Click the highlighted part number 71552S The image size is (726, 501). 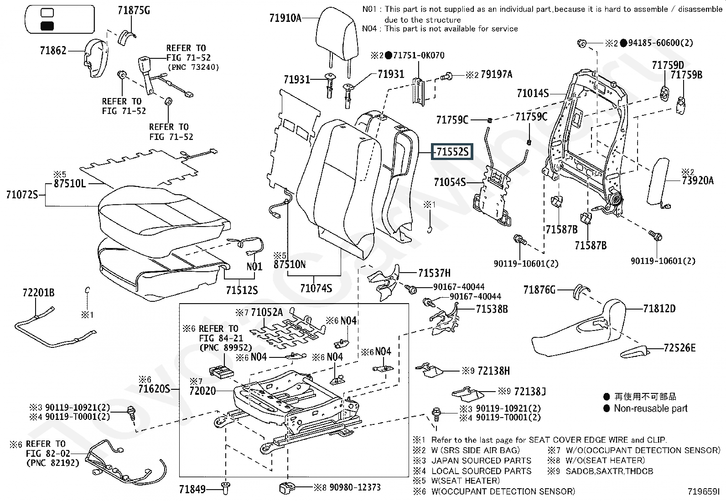pos(452,151)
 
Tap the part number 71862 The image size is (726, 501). pos(53,51)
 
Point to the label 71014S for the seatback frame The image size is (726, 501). pos(533,93)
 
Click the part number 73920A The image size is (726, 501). pos(698,181)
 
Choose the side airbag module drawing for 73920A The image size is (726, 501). pos(659,182)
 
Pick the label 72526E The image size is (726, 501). pos(679,348)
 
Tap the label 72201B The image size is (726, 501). pos(38,293)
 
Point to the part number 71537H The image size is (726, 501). pos(434,273)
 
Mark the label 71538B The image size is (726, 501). pos(492,309)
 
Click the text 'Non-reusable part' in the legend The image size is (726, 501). pos(650,408)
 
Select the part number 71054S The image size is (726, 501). pos(450,182)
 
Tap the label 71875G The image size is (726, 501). pos(134,10)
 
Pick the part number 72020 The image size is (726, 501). pos(202,391)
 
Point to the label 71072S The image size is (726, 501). pos(21,195)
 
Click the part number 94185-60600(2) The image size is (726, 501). pos(660,43)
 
